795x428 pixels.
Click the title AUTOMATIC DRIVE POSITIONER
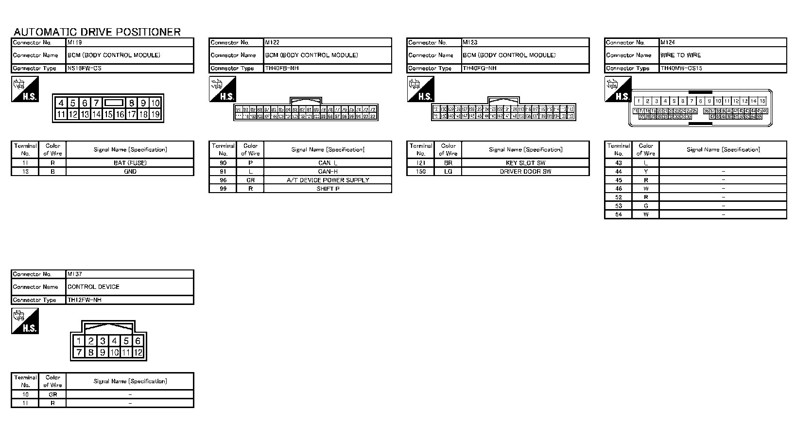tap(97, 32)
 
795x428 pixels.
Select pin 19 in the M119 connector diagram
tap(155, 114)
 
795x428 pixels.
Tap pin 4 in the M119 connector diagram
tap(61, 103)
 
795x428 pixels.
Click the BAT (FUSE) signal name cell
tap(130, 163)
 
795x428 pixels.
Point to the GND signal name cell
tap(130, 171)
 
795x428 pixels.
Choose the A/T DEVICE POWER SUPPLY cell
tap(328, 180)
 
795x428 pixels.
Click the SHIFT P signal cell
tap(328, 189)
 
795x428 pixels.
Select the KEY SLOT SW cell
tap(525, 163)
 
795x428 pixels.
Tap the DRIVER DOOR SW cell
tap(525, 171)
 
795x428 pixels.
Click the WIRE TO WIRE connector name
tap(680, 55)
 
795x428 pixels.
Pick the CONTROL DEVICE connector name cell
tap(93, 286)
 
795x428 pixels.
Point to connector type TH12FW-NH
tap(85, 300)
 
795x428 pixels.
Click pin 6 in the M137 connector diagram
tap(138, 341)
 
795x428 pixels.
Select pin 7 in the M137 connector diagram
tap(79, 352)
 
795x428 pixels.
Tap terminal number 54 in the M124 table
tap(618, 214)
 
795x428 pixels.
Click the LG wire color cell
tap(448, 171)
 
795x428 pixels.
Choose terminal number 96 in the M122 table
tap(223, 180)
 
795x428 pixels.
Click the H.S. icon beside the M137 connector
tap(25, 322)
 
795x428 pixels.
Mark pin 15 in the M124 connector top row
tap(762, 101)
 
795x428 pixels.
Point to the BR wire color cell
tap(448, 163)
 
